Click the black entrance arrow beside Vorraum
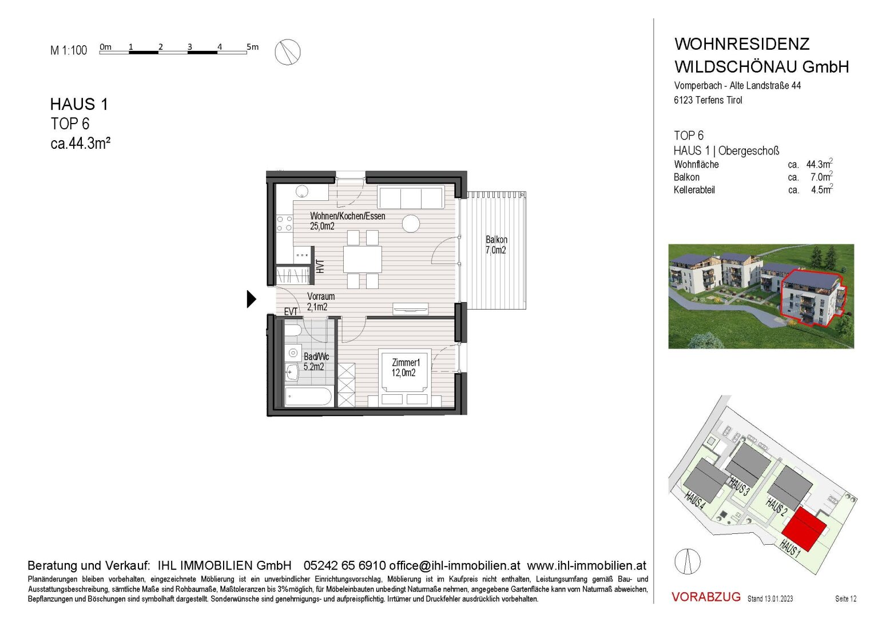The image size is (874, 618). [x=252, y=299]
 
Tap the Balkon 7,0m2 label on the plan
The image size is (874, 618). [x=496, y=245]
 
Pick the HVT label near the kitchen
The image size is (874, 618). [x=320, y=267]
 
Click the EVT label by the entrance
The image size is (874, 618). [x=291, y=311]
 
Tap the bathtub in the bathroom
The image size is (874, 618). [x=308, y=397]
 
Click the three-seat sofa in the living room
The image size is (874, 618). [x=411, y=197]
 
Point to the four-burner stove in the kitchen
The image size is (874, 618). [x=284, y=224]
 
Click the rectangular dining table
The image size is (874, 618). [x=363, y=259]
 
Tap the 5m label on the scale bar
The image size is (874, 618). [x=252, y=47]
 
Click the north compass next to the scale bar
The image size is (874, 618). [x=288, y=52]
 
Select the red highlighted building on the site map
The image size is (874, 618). [x=804, y=529]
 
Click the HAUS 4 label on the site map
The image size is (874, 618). [x=695, y=501]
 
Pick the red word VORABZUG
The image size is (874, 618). [x=706, y=596]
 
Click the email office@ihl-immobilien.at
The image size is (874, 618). [x=455, y=565]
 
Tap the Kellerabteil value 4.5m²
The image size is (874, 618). [x=822, y=189]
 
